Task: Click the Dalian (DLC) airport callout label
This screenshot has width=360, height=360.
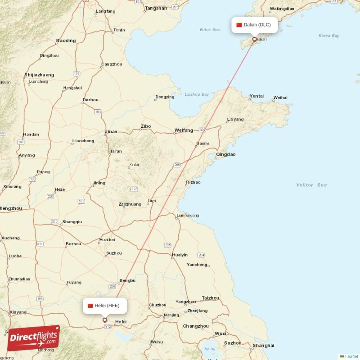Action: point(254,25)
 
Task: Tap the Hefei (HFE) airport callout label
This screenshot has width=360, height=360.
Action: point(104,306)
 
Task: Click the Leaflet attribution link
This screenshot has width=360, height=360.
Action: point(351,356)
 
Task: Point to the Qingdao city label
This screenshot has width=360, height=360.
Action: point(225,154)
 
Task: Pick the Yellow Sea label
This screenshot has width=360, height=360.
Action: point(311,185)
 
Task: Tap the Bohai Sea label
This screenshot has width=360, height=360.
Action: point(210,30)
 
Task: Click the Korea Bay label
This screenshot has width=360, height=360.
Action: point(328,36)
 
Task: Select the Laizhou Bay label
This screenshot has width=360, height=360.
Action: point(197,94)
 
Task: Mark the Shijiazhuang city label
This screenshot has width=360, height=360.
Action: point(39,75)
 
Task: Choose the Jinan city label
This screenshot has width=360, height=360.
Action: point(111,132)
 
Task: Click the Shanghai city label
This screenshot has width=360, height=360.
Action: point(263,346)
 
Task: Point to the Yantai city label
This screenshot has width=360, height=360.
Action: point(256,96)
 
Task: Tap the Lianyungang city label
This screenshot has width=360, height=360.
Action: point(188,216)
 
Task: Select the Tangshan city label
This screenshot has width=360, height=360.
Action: point(156,8)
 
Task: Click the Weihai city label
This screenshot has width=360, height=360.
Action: point(280,97)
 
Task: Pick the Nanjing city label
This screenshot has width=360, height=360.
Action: point(171,315)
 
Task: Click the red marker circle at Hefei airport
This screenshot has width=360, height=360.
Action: point(105,320)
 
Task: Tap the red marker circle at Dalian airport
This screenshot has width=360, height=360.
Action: point(254,39)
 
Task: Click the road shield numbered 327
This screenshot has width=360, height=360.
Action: point(134,189)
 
